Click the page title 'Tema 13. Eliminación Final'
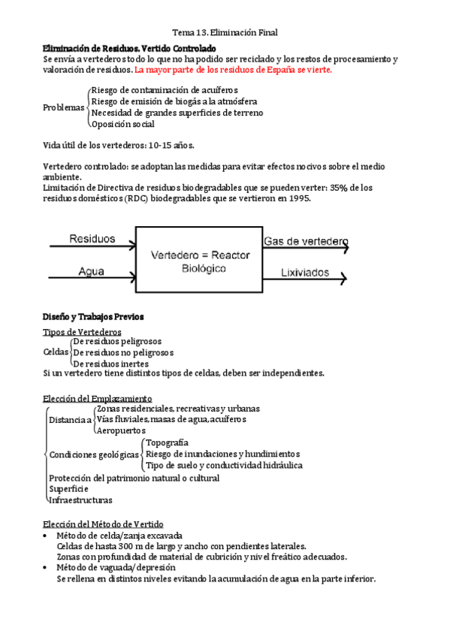tap(225, 32)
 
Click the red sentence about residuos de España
tap(232, 70)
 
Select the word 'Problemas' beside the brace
tap(64, 107)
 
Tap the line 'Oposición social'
tap(123, 125)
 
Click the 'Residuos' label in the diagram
tap(92, 239)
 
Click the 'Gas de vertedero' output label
tap(305, 241)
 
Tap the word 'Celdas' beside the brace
tap(56, 352)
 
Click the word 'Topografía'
tap(167, 443)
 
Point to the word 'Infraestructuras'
tap(80, 500)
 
